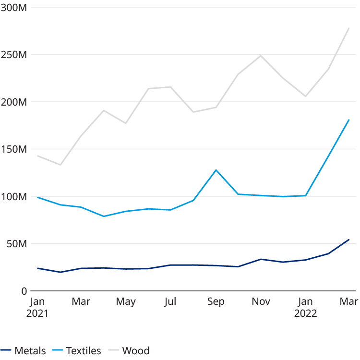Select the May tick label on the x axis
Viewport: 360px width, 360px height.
(126, 301)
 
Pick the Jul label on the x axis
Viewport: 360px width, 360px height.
(170, 301)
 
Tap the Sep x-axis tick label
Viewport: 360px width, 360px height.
(216, 301)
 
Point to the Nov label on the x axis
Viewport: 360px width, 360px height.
(261, 301)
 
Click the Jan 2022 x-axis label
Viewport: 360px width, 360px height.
(306, 307)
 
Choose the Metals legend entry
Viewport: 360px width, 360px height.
(24, 350)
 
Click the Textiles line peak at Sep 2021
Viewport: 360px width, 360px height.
(216, 170)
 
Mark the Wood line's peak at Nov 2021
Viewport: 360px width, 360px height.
(261, 55)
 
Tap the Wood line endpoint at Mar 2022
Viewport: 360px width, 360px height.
(349, 28)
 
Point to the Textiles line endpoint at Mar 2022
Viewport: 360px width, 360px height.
(349, 120)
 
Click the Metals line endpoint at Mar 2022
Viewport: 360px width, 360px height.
(349, 239)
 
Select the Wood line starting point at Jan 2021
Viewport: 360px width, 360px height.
(37, 156)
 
